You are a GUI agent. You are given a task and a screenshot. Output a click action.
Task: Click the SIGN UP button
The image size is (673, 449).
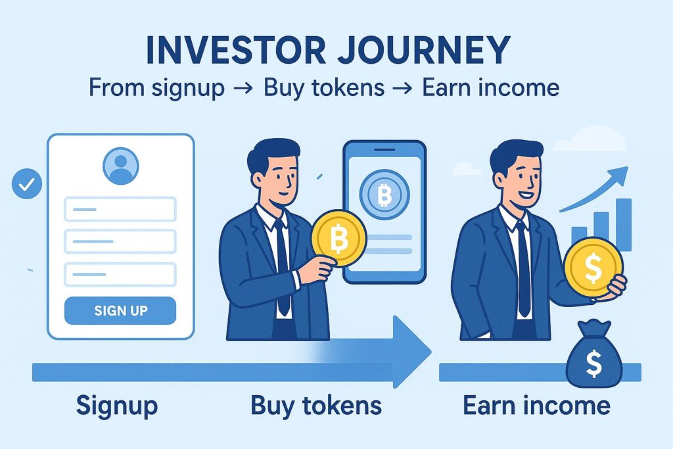(x=120, y=310)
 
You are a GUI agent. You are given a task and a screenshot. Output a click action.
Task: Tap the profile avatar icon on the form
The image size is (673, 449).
(x=121, y=165)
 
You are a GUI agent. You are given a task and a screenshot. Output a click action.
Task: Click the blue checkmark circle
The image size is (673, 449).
(x=27, y=185)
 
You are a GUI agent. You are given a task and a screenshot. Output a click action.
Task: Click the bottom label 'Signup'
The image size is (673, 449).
(x=117, y=405)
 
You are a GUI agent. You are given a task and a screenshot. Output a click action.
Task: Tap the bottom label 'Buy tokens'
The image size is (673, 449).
(x=315, y=405)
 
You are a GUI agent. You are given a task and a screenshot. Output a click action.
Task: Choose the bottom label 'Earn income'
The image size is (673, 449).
(x=536, y=405)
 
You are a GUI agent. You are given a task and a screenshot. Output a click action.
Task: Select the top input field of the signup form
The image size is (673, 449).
(x=120, y=210)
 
